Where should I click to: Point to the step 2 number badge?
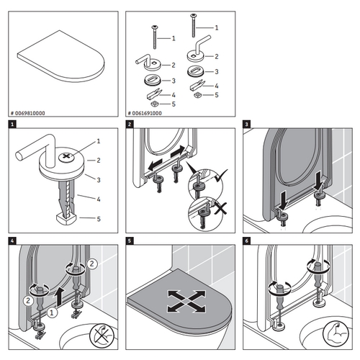130,125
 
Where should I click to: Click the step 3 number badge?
248,125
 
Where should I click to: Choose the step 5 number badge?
130,241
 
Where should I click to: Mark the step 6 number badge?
248,241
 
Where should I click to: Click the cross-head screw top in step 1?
66,155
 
